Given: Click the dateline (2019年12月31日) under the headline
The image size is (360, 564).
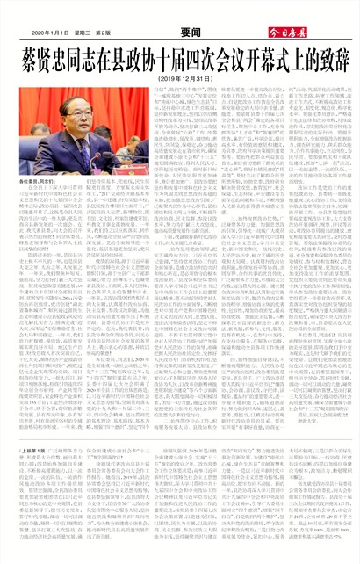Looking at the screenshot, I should point(179,78).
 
